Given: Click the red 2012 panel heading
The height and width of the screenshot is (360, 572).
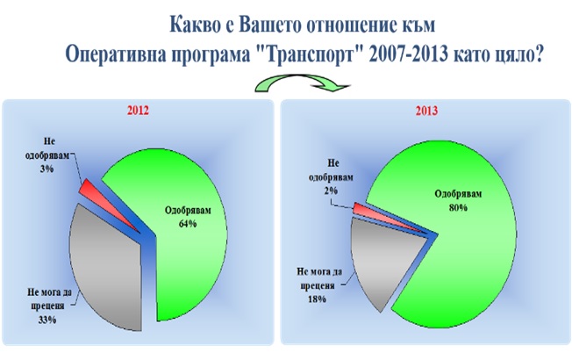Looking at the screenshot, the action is tap(138, 111).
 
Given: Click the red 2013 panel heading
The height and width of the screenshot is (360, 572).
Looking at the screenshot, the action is tap(426, 111).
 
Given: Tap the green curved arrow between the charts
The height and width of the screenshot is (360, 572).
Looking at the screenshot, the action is tap(302, 82).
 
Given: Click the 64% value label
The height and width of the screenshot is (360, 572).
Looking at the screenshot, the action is tap(188, 223).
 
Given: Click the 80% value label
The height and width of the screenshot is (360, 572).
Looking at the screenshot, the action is tap(458, 207).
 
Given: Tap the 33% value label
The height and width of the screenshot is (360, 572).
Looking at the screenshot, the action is tap(47, 320).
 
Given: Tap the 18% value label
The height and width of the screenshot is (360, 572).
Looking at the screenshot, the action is tap(317, 299).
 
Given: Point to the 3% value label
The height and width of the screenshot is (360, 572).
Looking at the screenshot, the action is tap(47, 169).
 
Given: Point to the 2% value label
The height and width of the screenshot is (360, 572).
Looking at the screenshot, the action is tap(331, 191).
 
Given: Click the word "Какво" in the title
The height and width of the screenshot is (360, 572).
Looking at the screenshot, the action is tap(194, 25).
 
